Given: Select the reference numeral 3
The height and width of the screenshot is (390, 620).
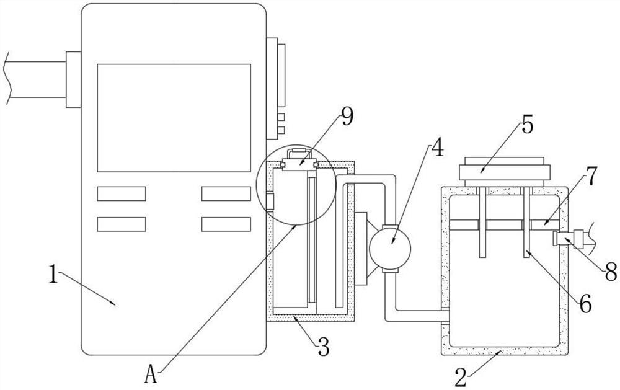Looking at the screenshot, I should tap(323, 345).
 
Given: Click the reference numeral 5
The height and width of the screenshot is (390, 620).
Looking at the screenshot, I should tap(527, 124).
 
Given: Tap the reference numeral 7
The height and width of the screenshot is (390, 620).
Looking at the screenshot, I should tap(591, 177).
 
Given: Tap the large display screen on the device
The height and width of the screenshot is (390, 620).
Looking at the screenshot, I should tap(174, 117).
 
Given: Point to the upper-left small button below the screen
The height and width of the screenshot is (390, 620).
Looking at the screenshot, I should tap(122, 193).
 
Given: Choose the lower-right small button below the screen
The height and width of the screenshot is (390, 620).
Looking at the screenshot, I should tap(226, 224).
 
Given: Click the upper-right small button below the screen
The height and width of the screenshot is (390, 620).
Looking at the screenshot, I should tap(226, 193).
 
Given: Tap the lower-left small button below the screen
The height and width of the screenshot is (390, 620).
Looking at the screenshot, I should tap(122, 224).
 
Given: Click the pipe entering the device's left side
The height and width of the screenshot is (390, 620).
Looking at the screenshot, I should tap(34, 79).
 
